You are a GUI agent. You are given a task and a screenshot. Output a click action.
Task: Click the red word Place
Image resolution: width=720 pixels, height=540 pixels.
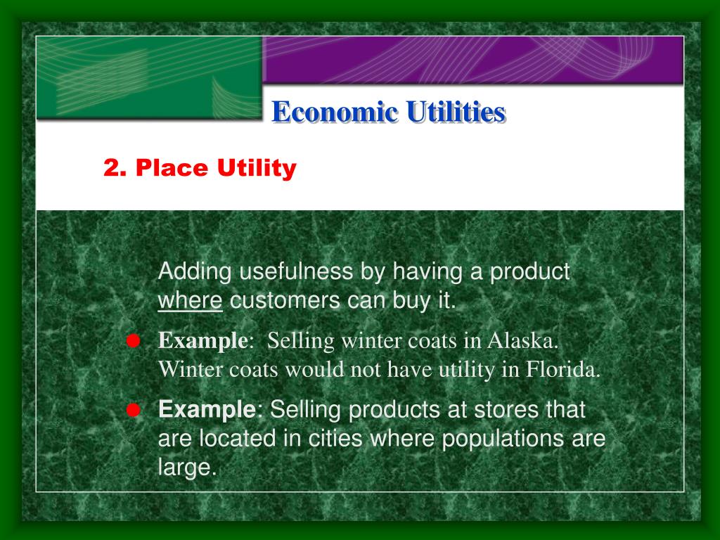tap(172, 169)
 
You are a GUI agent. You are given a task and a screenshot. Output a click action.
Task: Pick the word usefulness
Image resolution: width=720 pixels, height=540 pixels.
tap(298, 271)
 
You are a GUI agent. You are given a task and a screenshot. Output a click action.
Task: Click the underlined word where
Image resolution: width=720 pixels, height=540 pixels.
tap(190, 302)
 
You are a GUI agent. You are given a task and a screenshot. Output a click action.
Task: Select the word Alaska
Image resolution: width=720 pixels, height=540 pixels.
tap(523, 341)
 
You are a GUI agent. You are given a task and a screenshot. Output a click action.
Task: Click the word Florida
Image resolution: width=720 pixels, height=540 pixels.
tap(563, 370)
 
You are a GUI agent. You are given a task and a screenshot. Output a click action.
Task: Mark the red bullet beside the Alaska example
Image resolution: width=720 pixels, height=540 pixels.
tap(132, 341)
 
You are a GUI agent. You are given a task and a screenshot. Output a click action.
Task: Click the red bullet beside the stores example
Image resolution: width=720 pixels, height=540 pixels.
tap(132, 409)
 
